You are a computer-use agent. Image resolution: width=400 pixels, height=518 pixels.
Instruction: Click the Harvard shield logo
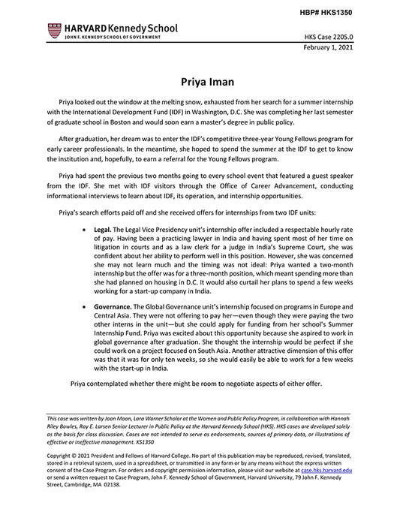(53, 31)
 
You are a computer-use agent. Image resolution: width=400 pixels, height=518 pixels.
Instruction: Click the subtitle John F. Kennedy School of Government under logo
(113, 37)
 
